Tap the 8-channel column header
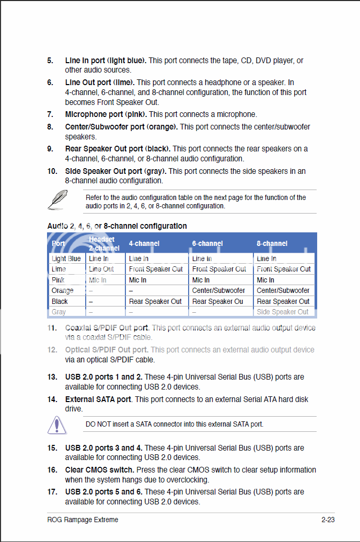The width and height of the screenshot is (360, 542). pyautogui.click(x=272, y=243)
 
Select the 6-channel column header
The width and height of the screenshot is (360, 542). pyautogui.click(x=207, y=243)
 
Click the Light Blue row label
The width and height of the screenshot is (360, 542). pyautogui.click(x=66, y=258)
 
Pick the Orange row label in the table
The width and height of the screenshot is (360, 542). pyautogui.click(x=63, y=290)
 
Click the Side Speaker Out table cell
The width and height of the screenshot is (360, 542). pyautogui.click(x=283, y=312)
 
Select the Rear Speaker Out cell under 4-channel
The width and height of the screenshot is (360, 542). pyautogui.click(x=155, y=301)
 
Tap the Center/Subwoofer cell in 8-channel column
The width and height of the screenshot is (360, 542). pyautogui.click(x=283, y=290)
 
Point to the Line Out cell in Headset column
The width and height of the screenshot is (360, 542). pyautogui.click(x=101, y=269)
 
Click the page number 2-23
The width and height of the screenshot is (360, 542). pyautogui.click(x=328, y=520)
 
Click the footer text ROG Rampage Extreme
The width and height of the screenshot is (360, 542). pyautogui.click(x=83, y=520)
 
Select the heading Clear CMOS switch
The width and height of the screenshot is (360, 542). pyautogui.click(x=100, y=470)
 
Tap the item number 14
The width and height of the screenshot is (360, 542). pyautogui.click(x=52, y=399)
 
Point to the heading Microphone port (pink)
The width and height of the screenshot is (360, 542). pyautogui.click(x=106, y=114)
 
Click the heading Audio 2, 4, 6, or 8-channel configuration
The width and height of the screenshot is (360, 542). pyautogui.click(x=117, y=226)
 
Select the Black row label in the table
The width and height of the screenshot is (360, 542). pyautogui.click(x=60, y=301)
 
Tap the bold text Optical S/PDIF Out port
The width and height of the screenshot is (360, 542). pyautogui.click(x=107, y=350)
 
